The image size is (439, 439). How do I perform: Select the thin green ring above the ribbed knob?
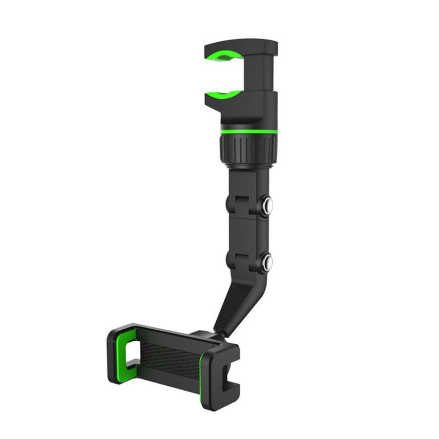point(249,133)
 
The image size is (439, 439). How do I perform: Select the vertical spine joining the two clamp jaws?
point(268,74)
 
